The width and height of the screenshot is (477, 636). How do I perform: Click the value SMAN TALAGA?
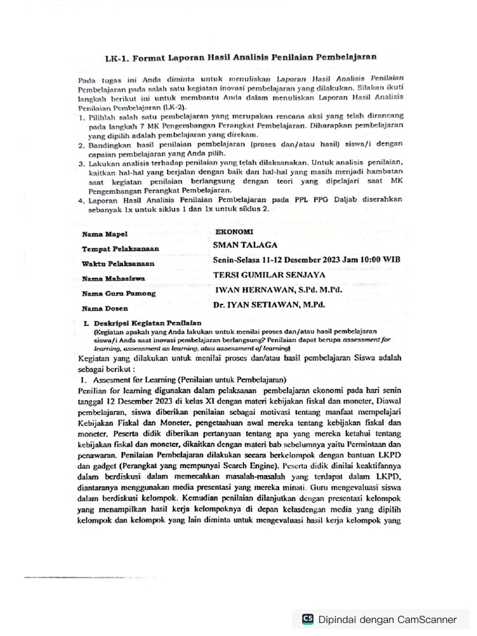tap(245, 245)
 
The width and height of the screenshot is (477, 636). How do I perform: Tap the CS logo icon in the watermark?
tap(307, 619)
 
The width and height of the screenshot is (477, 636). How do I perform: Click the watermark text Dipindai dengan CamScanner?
tap(387, 619)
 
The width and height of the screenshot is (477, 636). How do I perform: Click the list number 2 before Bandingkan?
tap(81, 144)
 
